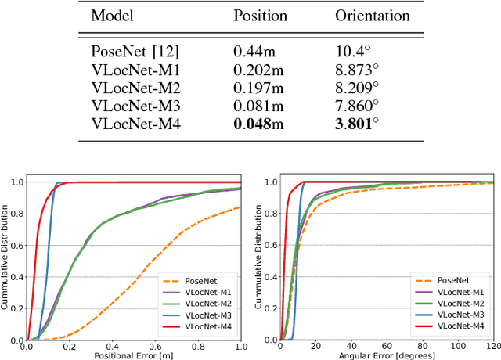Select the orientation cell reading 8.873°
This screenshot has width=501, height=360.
(x=357, y=68)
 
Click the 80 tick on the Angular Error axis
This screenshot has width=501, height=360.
(x=423, y=347)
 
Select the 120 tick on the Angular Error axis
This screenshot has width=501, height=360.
(x=492, y=347)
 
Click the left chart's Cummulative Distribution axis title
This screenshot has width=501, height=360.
(x=5, y=258)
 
